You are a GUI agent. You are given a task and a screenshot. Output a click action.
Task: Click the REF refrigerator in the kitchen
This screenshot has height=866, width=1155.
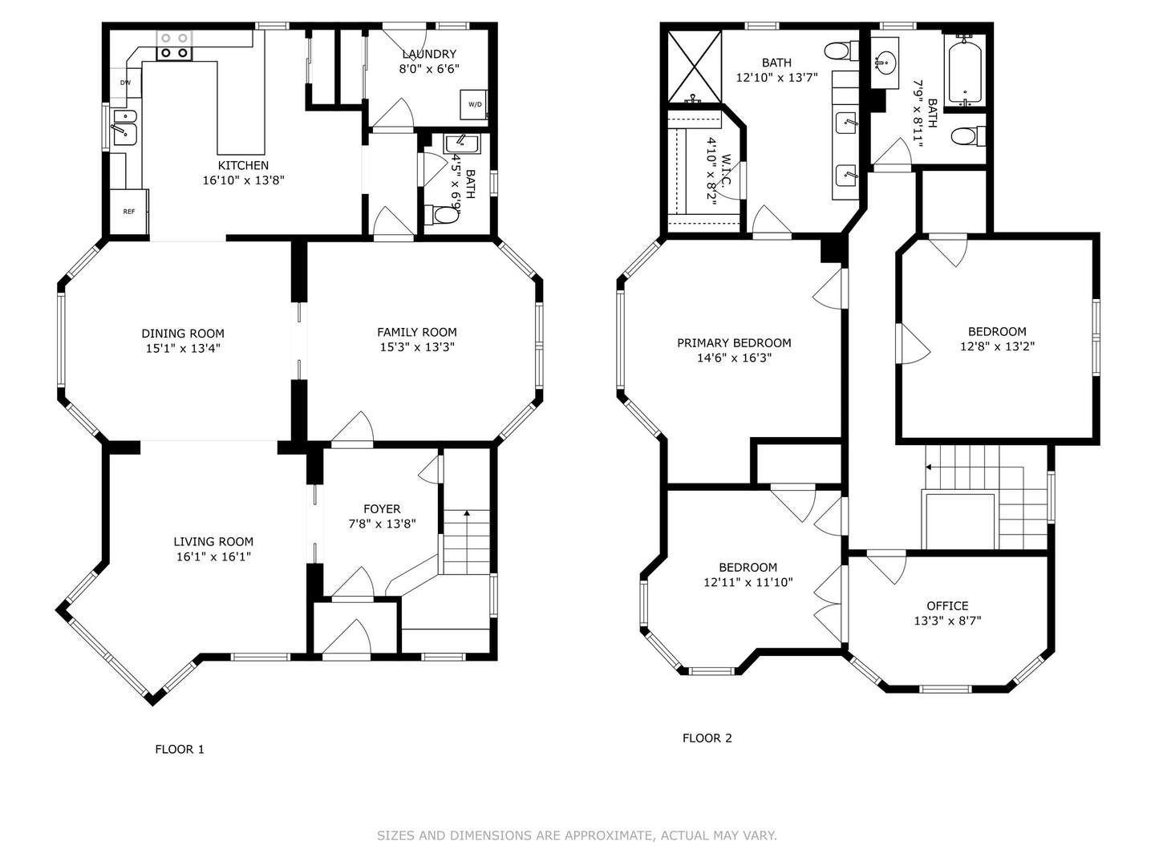coord(129,212)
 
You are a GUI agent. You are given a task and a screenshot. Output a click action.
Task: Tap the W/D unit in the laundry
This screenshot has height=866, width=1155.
coord(475,104)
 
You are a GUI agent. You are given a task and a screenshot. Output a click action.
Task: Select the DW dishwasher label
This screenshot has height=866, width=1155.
coord(125,83)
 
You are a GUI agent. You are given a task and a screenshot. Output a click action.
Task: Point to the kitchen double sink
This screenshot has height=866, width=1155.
coord(124,127)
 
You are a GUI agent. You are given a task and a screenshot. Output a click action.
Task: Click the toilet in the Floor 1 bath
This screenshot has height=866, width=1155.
coord(441,215)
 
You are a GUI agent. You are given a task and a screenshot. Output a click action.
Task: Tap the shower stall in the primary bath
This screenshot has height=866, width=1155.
coord(695,67)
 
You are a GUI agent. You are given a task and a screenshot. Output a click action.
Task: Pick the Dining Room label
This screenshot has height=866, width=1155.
coord(183,334)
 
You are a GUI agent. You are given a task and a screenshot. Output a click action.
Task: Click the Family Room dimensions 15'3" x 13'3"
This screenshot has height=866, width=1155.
coord(417,347)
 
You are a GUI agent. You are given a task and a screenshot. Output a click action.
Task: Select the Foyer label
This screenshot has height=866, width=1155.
coord(382,509)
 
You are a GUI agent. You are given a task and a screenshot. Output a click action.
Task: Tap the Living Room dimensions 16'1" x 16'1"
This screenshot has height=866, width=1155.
coord(213,556)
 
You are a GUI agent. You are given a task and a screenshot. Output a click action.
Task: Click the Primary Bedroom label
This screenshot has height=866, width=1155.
coord(734,343)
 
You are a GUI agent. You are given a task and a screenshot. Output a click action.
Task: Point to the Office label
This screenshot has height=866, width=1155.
coord(948,605)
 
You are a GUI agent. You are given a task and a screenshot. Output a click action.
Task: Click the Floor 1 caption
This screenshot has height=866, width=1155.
coord(180,749)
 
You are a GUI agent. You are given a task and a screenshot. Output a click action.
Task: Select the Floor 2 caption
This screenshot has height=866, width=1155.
coord(707,739)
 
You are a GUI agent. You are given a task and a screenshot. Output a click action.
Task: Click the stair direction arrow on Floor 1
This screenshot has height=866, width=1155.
coord(467,542)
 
